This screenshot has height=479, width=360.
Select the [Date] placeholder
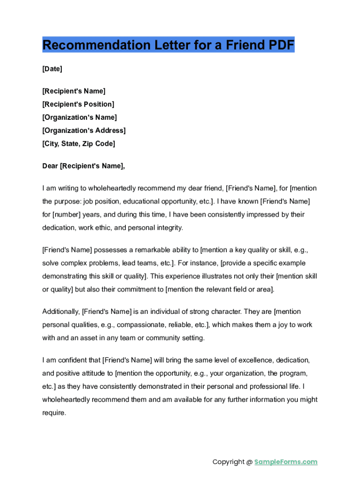click(x=52, y=69)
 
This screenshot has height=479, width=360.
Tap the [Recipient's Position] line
click(x=78, y=104)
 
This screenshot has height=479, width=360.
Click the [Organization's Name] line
click(x=79, y=117)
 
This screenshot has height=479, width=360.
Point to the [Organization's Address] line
click(x=84, y=131)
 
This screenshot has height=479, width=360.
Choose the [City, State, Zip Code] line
click(x=79, y=144)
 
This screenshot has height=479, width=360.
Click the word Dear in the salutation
click(x=50, y=166)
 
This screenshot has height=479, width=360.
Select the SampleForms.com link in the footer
click(x=286, y=462)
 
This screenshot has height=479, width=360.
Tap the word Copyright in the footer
click(x=229, y=462)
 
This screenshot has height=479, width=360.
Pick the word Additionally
click(x=61, y=311)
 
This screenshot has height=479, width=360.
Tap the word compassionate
click(x=141, y=325)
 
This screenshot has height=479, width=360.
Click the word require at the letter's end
click(x=54, y=413)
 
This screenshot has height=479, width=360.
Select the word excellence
click(x=256, y=360)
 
